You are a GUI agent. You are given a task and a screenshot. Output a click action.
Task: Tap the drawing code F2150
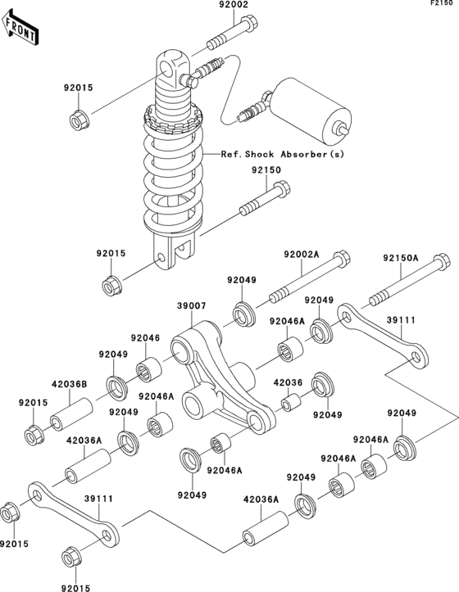click(443, 5)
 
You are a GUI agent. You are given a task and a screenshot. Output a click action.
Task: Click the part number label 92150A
click(400, 258)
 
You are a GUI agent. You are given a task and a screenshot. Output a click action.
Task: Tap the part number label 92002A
click(301, 255)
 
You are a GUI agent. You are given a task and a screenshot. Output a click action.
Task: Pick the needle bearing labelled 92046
click(149, 371)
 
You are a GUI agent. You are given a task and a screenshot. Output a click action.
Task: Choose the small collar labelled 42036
click(292, 403)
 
